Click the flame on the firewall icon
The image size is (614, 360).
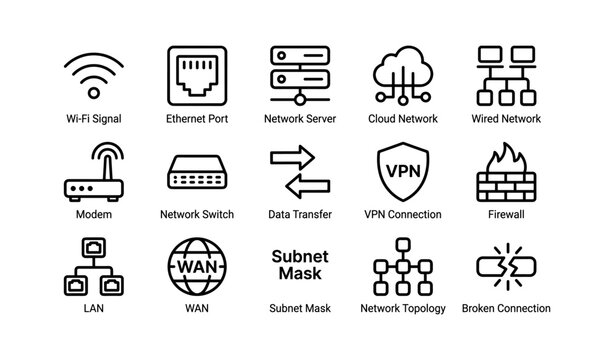[506, 156]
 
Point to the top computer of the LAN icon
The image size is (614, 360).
[93, 244]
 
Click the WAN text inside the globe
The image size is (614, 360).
[196, 268]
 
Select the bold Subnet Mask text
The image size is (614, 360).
[299, 264]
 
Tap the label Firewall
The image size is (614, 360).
[506, 214]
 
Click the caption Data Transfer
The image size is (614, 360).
[299, 214]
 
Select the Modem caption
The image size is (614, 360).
[93, 214]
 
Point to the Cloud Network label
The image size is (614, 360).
[402, 118]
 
